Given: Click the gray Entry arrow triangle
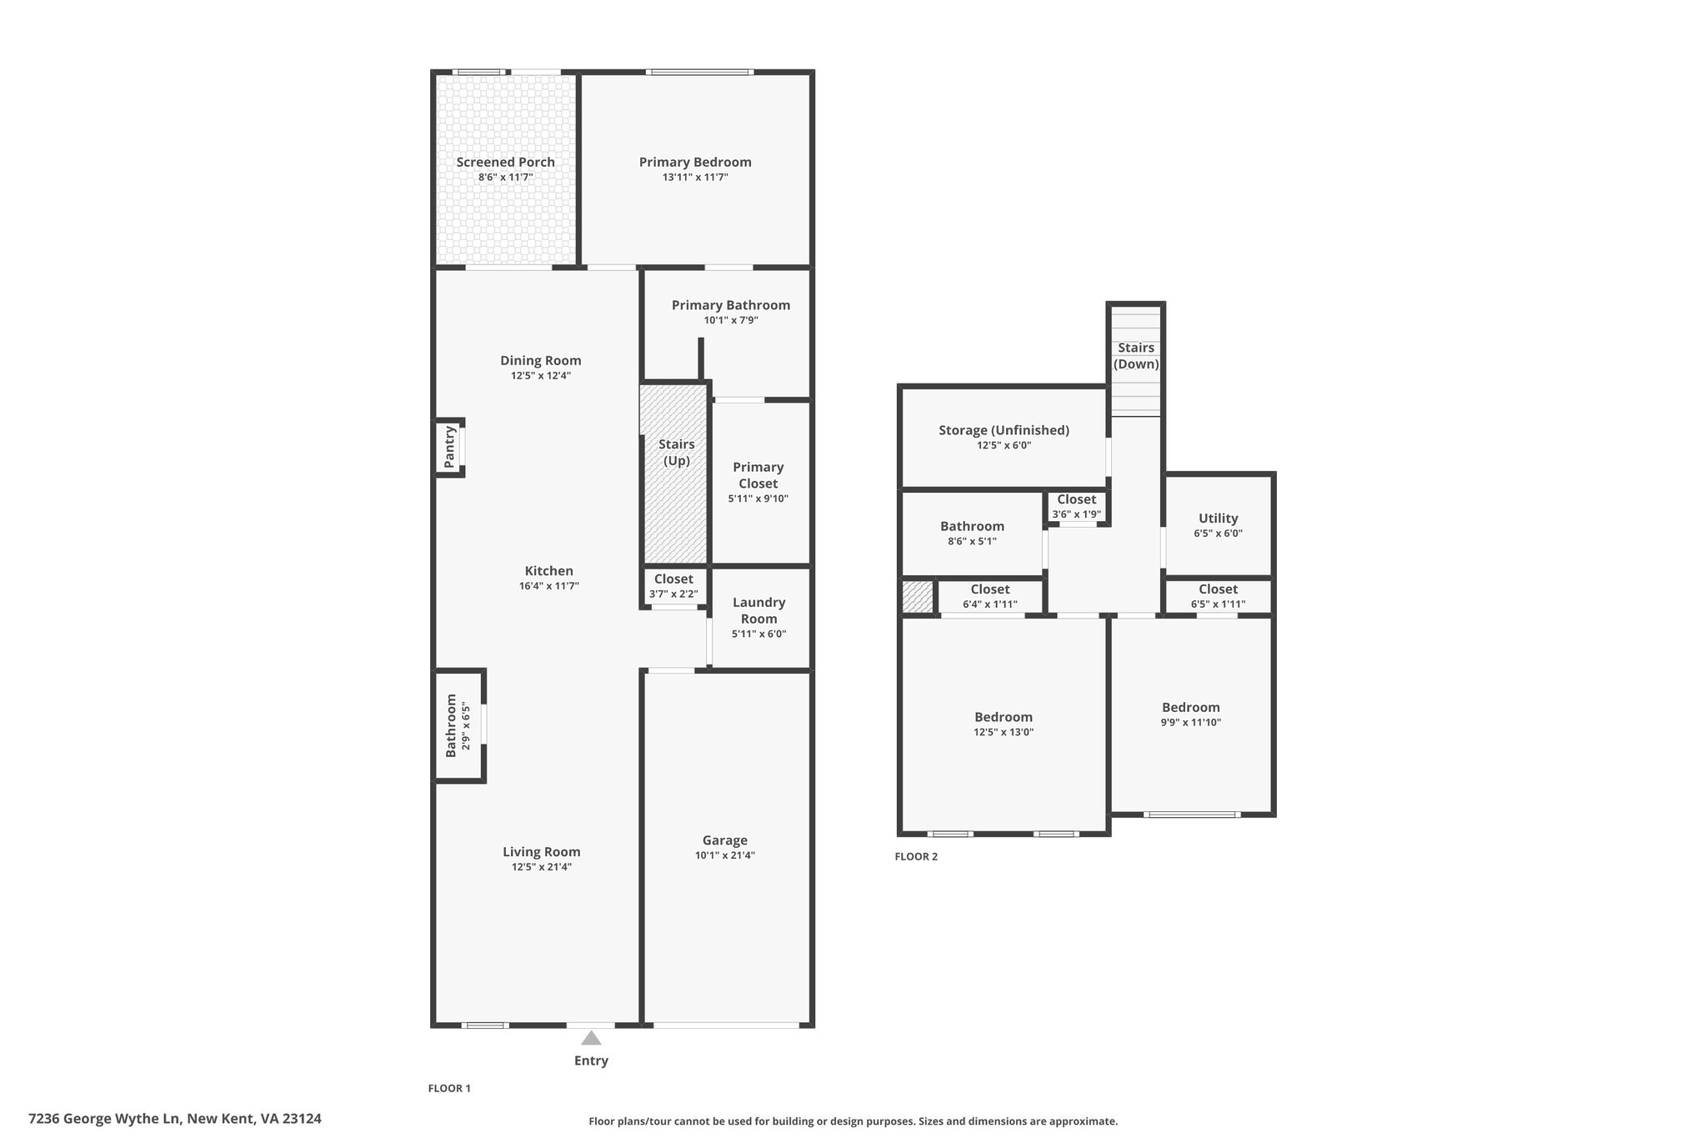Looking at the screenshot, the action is click(x=591, y=1038).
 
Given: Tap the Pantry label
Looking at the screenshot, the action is click(x=449, y=447).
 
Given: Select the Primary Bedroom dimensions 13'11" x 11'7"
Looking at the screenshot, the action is click(x=695, y=178).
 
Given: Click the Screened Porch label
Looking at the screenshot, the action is click(x=505, y=162).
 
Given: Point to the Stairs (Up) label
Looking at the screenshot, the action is click(x=677, y=452).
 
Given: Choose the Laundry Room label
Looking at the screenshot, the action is click(x=759, y=610).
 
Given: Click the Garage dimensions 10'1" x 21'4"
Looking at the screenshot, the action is click(x=725, y=855).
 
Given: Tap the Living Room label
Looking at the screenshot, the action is click(x=541, y=851).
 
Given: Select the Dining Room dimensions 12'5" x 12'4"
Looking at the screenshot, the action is click(x=541, y=376).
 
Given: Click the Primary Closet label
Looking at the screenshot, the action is click(x=758, y=475).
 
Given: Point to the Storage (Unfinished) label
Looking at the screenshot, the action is click(x=1004, y=430).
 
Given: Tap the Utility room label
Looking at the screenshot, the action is click(x=1218, y=519).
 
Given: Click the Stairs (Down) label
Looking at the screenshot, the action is click(x=1136, y=356).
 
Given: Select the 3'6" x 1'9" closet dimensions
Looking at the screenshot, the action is click(x=1076, y=514).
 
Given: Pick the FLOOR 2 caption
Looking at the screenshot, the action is click(x=916, y=856).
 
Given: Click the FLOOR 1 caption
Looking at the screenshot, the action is click(x=449, y=1088).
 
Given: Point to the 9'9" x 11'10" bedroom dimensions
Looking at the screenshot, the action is click(x=1191, y=723).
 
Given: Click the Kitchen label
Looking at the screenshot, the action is click(x=548, y=571).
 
